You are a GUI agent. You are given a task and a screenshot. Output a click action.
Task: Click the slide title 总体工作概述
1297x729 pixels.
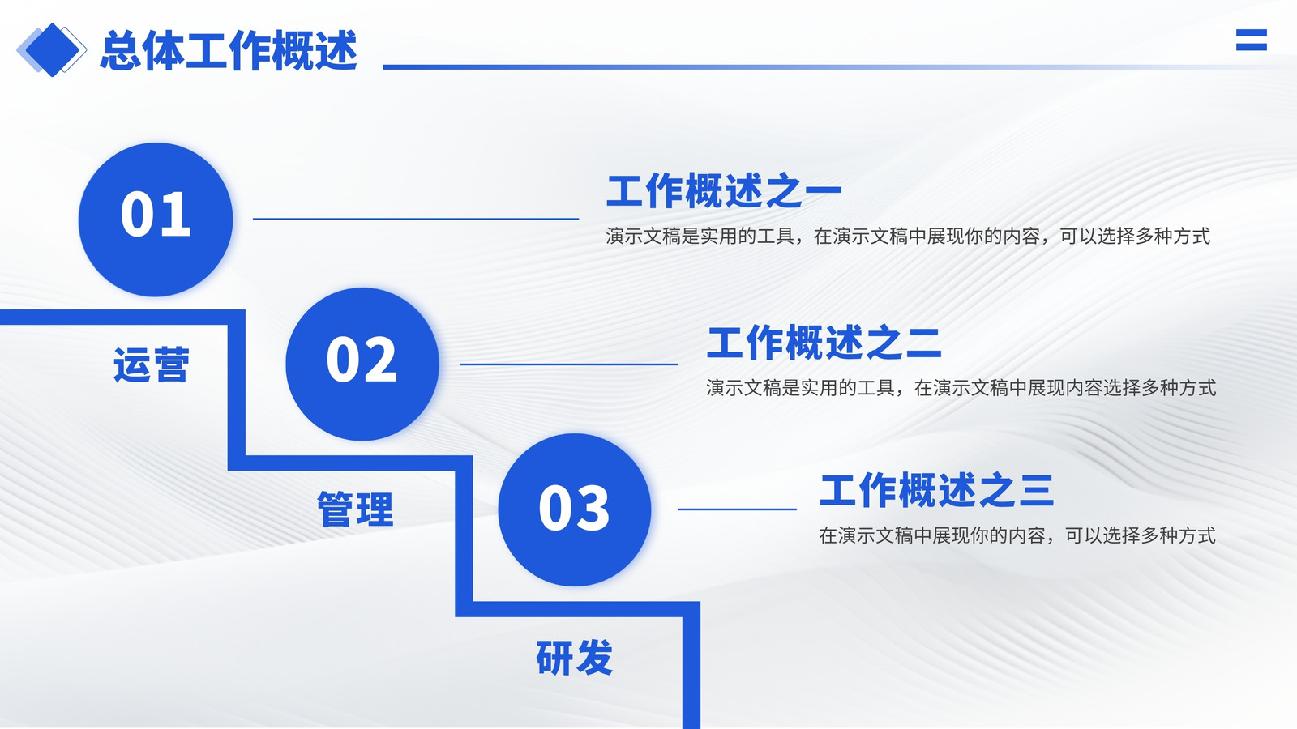(x=229, y=51)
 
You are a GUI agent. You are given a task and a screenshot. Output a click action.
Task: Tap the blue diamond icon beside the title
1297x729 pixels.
(x=52, y=50)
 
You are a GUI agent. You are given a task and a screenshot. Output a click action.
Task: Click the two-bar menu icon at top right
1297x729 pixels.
(x=1252, y=40)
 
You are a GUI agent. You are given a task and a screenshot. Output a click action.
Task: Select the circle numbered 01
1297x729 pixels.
(x=156, y=220)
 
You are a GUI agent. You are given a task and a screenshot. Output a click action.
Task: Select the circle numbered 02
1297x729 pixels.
(x=362, y=364)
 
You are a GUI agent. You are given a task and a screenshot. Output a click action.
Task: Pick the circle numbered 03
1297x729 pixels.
(x=575, y=509)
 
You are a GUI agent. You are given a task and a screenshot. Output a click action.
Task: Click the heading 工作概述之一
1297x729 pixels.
(x=724, y=190)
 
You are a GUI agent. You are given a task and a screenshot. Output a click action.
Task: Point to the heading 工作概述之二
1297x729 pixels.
(x=824, y=343)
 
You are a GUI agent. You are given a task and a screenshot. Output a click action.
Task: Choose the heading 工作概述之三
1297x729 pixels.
(x=936, y=490)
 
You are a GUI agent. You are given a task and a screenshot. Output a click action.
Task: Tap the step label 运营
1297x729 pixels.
(x=152, y=365)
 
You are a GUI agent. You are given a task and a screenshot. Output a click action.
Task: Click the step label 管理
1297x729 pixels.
(x=356, y=509)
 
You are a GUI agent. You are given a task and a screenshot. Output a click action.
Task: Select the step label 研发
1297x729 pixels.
(x=575, y=657)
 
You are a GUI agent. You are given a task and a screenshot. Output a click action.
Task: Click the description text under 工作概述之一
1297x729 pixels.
(x=908, y=236)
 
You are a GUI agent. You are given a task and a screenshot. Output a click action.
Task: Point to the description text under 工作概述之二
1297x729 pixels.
(x=961, y=388)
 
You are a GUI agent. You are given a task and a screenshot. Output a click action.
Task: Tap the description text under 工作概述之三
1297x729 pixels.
(x=1017, y=535)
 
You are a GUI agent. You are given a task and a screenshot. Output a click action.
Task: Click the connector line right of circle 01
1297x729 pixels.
(x=416, y=219)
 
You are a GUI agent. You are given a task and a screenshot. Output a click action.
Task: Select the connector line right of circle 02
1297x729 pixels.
(x=568, y=364)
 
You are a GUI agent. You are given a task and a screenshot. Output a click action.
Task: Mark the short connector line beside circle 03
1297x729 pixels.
(x=737, y=509)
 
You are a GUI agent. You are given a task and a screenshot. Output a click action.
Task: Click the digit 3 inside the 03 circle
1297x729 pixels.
(x=593, y=508)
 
